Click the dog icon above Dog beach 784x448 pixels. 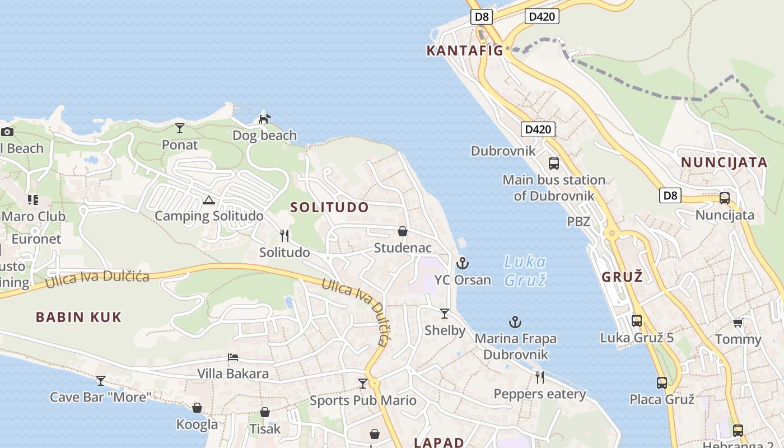264,119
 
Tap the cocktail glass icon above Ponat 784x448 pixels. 180,128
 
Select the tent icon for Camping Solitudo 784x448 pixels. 208,200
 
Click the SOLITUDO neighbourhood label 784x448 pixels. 330,207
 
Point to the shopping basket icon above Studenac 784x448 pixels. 402,231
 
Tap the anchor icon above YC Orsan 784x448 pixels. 463,263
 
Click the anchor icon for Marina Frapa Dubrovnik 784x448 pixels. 515,322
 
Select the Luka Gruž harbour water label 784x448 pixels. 525,270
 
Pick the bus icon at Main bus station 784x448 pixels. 554,163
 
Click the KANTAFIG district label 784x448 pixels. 465,50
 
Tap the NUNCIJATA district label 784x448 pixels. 724,162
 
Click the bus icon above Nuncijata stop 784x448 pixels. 725,198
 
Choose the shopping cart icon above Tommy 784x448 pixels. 738,323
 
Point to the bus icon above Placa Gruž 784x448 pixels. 662,383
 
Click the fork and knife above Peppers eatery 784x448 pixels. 539,377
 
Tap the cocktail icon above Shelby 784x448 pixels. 445,314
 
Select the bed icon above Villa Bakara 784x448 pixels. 233,357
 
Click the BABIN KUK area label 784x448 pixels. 79,318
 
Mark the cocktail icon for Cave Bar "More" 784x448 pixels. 101,381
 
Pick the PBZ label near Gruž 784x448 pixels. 578,221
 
